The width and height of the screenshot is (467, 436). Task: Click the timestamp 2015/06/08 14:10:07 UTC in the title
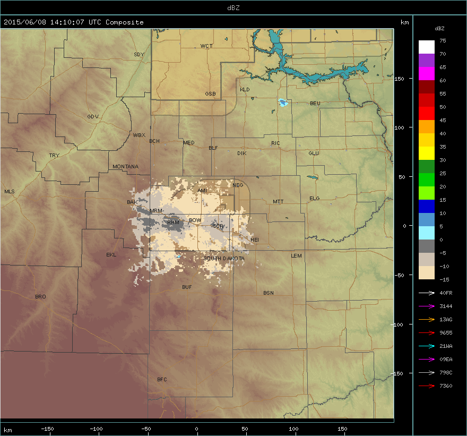(x=53, y=22)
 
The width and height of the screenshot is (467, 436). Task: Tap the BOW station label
(x=195, y=220)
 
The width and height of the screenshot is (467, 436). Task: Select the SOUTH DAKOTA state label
(x=224, y=259)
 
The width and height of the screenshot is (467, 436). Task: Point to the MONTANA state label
(x=125, y=167)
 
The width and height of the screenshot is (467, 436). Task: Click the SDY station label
(x=139, y=55)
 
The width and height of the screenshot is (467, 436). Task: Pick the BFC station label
(x=162, y=380)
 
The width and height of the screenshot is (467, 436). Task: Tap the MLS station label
(x=10, y=192)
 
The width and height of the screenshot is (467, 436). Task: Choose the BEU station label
(x=315, y=104)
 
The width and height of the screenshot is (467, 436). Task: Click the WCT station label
(x=206, y=47)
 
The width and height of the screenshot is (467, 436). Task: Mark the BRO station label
(x=40, y=297)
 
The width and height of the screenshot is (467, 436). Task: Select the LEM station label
(x=296, y=256)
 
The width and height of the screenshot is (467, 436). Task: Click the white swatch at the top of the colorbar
(x=426, y=47)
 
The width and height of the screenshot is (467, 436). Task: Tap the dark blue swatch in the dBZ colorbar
(x=426, y=207)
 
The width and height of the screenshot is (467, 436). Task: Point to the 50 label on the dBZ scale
(x=442, y=107)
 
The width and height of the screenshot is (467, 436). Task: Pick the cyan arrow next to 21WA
(x=427, y=346)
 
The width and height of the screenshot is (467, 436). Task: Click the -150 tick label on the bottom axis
(x=47, y=429)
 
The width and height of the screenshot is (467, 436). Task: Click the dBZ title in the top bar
(x=233, y=7)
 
